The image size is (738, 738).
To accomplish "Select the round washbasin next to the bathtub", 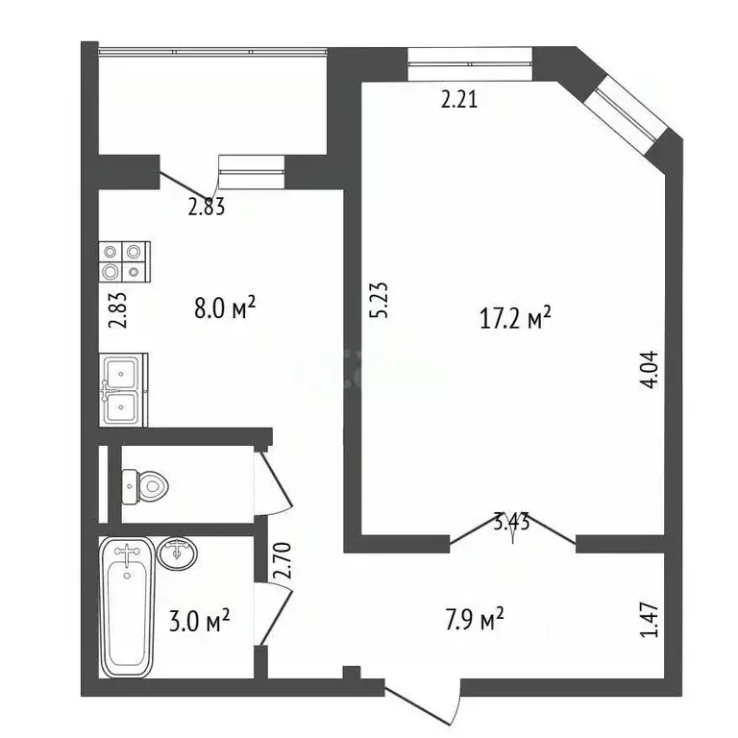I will (x=177, y=555).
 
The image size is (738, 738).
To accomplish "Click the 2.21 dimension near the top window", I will (x=459, y=98).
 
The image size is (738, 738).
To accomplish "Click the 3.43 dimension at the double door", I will (x=513, y=524).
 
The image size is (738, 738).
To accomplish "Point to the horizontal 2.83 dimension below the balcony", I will (x=206, y=206).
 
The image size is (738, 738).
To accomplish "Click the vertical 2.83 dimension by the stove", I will (x=118, y=309).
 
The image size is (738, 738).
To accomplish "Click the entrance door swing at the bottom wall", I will (x=423, y=701).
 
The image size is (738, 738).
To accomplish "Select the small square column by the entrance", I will (x=350, y=671).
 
